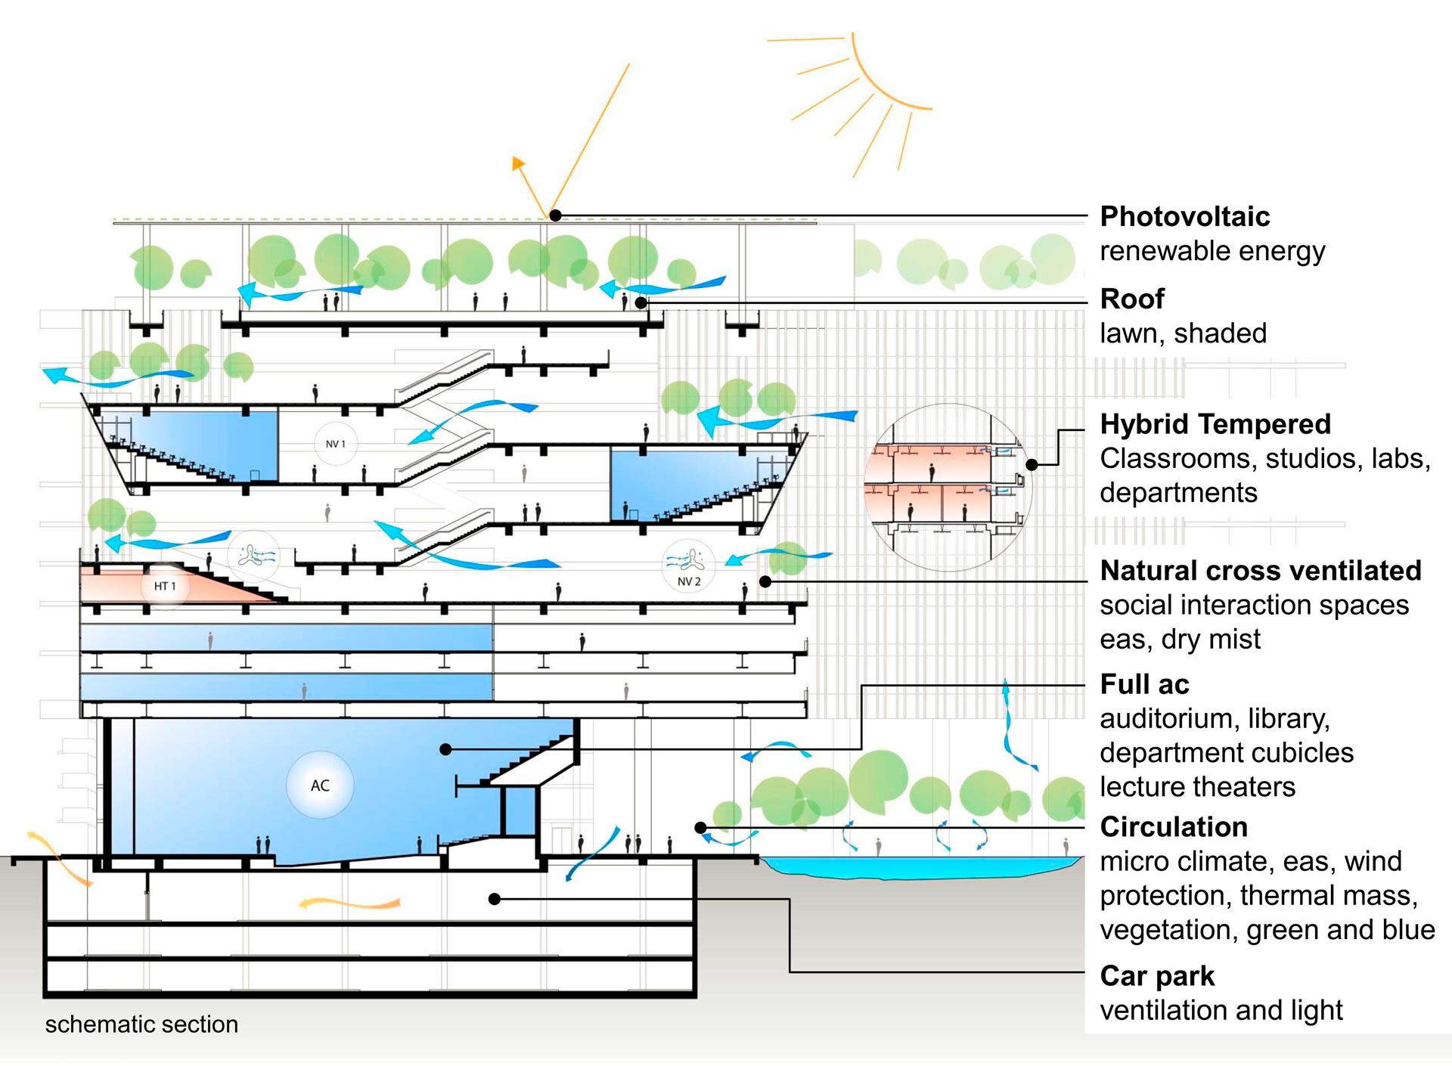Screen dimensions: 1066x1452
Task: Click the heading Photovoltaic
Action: pos(1184,217)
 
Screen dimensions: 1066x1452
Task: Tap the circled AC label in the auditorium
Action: pos(320,786)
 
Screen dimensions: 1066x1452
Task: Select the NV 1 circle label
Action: pos(335,444)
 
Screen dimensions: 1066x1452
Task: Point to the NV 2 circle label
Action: pos(688,581)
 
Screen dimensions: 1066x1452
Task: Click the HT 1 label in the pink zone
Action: pos(164,586)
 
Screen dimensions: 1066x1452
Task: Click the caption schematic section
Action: pos(141,1024)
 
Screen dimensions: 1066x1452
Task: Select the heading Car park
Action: pos(1156,976)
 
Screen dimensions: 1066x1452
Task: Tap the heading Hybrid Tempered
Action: pos(1215,424)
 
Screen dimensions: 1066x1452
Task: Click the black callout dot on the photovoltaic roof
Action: pos(555,215)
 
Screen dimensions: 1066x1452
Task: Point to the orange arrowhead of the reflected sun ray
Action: pos(518,163)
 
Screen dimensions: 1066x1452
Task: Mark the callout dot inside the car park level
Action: pos(495,899)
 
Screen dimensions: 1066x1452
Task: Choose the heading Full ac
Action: pos(1144,684)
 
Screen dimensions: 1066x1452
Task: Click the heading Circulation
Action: pos(1173,827)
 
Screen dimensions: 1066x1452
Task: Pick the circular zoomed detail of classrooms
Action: pos(948,477)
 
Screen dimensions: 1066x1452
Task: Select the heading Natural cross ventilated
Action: pos(1260,571)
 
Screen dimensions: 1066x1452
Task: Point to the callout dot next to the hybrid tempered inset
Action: pos(1032,464)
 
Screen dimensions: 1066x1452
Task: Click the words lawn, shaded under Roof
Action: pos(1183,333)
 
